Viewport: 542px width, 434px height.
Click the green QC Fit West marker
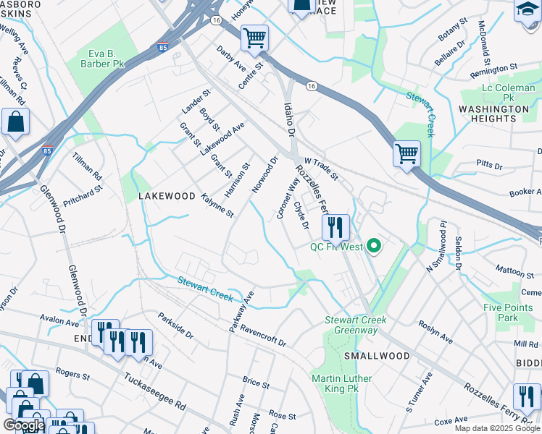pyautogui.click(x=374, y=247)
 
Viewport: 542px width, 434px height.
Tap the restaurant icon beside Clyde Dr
pyautogui.click(x=335, y=227)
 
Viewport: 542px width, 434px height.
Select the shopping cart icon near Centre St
pyautogui.click(x=254, y=38)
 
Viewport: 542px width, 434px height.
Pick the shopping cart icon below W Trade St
pyautogui.click(x=407, y=153)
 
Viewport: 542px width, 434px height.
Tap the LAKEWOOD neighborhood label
pyautogui.click(x=167, y=196)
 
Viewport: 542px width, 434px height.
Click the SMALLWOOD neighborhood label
pyautogui.click(x=376, y=356)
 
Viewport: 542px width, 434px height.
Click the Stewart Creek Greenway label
pyautogui.click(x=356, y=325)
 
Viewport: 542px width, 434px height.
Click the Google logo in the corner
pyautogui.click(x=23, y=425)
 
